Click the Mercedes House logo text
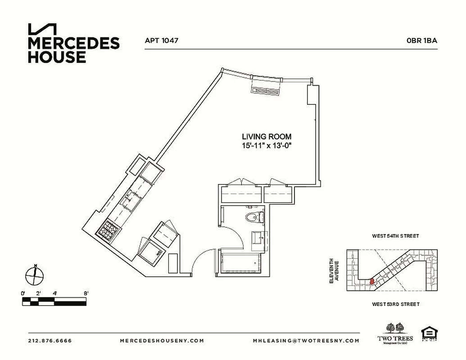click(73, 50)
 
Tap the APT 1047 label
click(162, 40)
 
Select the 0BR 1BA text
click(421, 40)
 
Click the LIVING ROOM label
click(267, 137)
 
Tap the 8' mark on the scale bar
click(86, 293)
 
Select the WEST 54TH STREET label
click(395, 236)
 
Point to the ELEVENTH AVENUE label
click(333, 270)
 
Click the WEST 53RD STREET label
click(395, 305)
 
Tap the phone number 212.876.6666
click(50, 341)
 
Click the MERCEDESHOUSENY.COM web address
click(162, 341)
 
